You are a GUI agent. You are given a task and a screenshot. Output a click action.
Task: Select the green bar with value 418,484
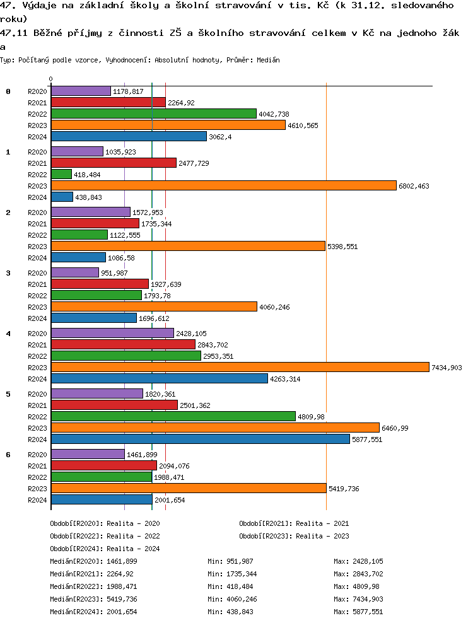click(61, 174)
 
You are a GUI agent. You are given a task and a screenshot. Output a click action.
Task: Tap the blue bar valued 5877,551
click(200, 439)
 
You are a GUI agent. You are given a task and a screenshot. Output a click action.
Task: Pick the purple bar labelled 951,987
click(74, 272)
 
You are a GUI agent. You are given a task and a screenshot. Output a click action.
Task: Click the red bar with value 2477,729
click(114, 163)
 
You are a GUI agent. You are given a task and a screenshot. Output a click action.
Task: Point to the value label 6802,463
click(414, 186)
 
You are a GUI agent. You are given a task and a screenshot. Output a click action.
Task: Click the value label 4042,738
click(274, 114)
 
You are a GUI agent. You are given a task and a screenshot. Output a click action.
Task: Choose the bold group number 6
click(8, 455)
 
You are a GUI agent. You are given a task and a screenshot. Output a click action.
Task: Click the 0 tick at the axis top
click(51, 79)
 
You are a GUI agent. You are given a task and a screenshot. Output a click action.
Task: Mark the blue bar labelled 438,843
click(62, 197)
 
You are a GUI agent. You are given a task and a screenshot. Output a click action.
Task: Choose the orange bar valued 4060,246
click(154, 306)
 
